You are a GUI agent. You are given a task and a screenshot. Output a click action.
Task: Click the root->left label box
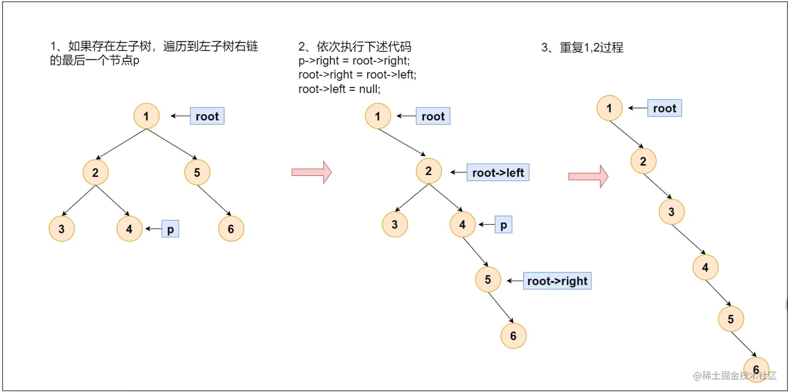[x=498, y=172]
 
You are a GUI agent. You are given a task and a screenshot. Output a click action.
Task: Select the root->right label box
[x=557, y=281]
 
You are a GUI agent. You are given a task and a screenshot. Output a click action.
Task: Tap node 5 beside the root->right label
[x=488, y=280]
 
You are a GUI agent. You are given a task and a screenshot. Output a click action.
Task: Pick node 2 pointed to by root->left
[x=428, y=170]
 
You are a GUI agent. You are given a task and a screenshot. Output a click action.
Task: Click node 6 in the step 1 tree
[x=231, y=229]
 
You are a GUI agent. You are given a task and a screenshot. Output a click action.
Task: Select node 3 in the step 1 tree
[x=61, y=229]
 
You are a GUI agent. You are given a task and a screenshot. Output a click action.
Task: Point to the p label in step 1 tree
[x=170, y=229]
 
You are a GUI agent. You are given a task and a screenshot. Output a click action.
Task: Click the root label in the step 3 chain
[x=664, y=108]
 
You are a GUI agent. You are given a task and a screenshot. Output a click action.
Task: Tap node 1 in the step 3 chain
[x=610, y=108]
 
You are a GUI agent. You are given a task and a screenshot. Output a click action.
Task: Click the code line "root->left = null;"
[x=339, y=89]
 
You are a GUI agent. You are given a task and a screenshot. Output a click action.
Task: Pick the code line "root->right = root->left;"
[x=357, y=75]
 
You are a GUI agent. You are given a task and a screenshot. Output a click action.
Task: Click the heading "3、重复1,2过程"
[x=582, y=48]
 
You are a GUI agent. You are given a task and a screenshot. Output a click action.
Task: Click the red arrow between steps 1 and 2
[x=312, y=172]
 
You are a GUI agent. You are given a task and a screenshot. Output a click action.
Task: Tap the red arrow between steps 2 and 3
[x=588, y=176]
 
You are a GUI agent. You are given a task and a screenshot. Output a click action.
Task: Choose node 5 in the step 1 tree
[x=197, y=172]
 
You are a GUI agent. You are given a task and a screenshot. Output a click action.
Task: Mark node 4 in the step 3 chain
[x=705, y=268]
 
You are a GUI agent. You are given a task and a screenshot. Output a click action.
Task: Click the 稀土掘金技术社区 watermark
[x=735, y=375]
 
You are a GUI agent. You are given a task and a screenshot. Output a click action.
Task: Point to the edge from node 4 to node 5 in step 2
[x=475, y=254]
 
